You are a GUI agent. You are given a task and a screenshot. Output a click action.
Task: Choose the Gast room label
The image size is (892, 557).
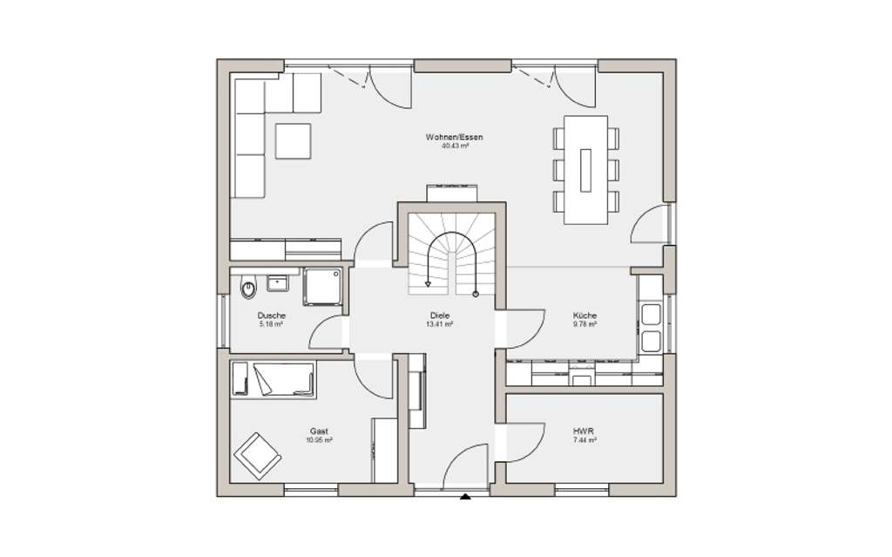(320, 431)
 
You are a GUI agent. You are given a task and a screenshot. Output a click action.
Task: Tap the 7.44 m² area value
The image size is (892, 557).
(585, 441)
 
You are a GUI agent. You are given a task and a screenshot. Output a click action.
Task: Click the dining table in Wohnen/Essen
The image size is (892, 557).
(585, 170)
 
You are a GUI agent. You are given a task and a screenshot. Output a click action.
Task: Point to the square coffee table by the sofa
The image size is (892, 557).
(294, 141)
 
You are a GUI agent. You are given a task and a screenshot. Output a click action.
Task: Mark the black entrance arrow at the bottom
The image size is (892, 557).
(465, 498)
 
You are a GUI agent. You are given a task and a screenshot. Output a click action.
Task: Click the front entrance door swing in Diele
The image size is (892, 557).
(468, 468)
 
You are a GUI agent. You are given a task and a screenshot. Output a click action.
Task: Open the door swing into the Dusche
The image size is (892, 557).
(329, 333)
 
